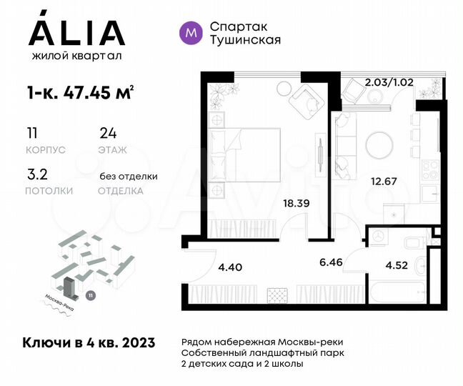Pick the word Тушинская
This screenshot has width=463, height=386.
[245, 40]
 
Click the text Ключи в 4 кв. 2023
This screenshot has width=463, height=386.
[89, 345]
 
